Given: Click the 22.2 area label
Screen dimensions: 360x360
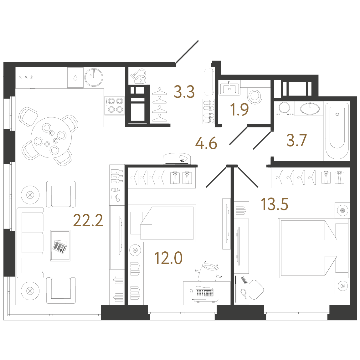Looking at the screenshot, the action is pyautogui.click(x=88, y=220).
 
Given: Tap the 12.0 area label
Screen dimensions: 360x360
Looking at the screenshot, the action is pyautogui.click(x=168, y=258).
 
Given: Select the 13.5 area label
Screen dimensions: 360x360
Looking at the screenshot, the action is pyautogui.click(x=275, y=204).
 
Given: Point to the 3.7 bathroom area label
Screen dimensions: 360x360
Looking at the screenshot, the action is pyautogui.click(x=296, y=140).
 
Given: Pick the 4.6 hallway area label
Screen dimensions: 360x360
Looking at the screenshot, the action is pyautogui.click(x=206, y=144).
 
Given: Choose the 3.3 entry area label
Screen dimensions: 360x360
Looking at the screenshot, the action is pyautogui.click(x=184, y=92).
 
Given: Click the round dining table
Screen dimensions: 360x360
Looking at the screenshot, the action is pyautogui.click(x=51, y=137).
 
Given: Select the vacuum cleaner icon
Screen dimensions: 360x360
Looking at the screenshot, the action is pyautogui.click(x=138, y=76).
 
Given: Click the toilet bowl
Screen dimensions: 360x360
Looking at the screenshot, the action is pyautogui.click(x=255, y=95).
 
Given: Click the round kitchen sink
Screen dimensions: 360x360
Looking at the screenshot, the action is pyautogui.click(x=94, y=77).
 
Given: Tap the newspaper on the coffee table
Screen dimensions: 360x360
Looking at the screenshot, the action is pyautogui.click(x=60, y=247).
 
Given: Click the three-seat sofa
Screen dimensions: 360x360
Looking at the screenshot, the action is pyautogui.click(x=30, y=243).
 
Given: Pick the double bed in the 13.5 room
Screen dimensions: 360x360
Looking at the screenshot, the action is pyautogui.click(x=314, y=248).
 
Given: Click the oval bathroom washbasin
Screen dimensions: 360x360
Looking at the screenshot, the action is pyautogui.click(x=310, y=109).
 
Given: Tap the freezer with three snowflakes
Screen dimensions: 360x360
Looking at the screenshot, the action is pyautogui.click(x=26, y=77).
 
